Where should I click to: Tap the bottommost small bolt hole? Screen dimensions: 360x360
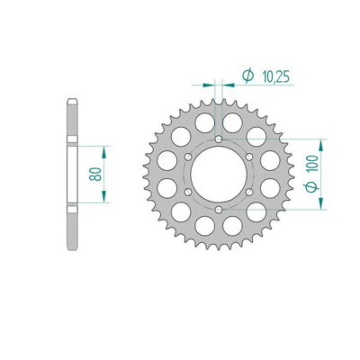click(220, 210)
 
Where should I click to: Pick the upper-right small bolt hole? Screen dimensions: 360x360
click(250, 157)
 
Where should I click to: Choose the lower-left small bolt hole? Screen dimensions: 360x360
click(188, 192)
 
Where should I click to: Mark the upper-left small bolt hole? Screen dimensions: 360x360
click(188, 157)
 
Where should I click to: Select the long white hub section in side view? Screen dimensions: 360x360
click(70, 174)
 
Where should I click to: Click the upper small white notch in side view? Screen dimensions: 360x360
click(70, 138)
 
